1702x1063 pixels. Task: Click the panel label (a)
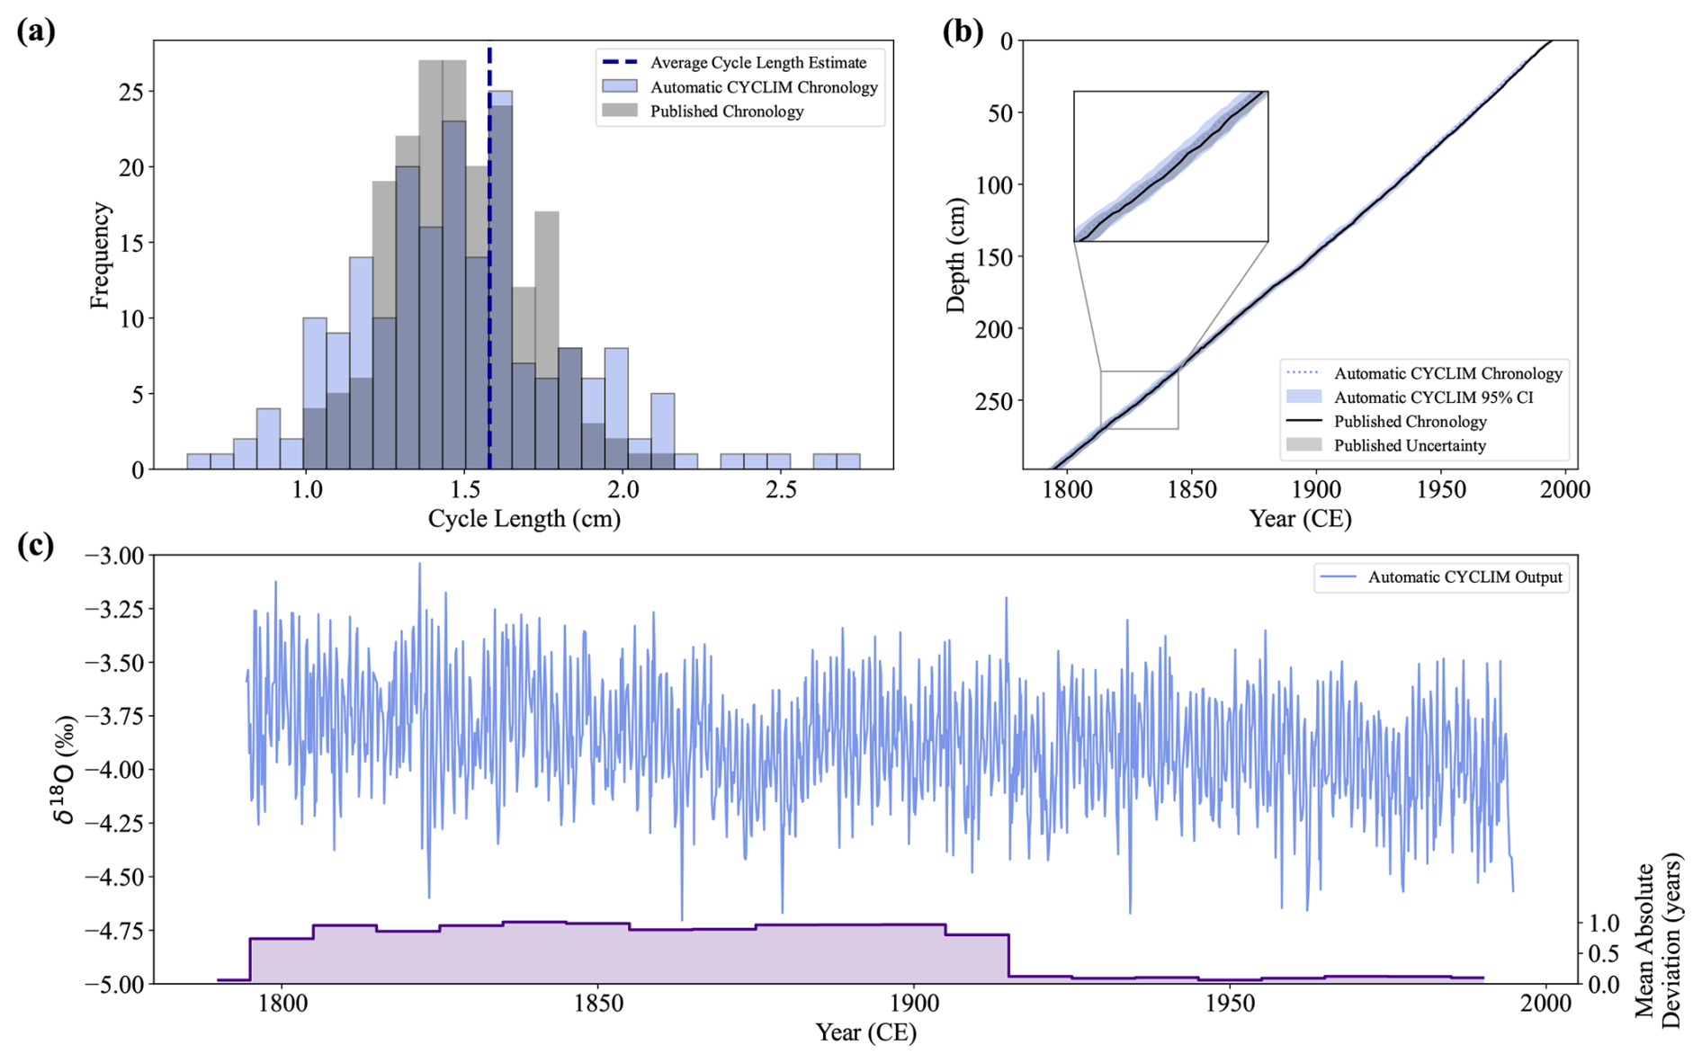(x=36, y=31)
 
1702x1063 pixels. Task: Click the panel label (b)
(x=962, y=31)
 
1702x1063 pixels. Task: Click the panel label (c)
(x=36, y=546)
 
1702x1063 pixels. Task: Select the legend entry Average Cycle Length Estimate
(x=757, y=63)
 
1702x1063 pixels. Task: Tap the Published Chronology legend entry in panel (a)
(x=726, y=112)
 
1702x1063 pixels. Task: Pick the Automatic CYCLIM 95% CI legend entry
(x=1433, y=398)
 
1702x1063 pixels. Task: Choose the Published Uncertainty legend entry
(x=1409, y=445)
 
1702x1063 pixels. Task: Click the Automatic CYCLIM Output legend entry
(x=1465, y=577)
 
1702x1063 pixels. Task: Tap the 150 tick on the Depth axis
(x=993, y=257)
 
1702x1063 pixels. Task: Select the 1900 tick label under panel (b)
(x=1316, y=490)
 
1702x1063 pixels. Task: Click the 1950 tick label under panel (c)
(x=1230, y=1004)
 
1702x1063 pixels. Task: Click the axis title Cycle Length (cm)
(x=524, y=519)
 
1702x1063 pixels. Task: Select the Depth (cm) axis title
(x=955, y=255)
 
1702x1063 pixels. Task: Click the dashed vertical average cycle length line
(x=489, y=270)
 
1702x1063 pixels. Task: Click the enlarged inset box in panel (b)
(x=1170, y=166)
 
